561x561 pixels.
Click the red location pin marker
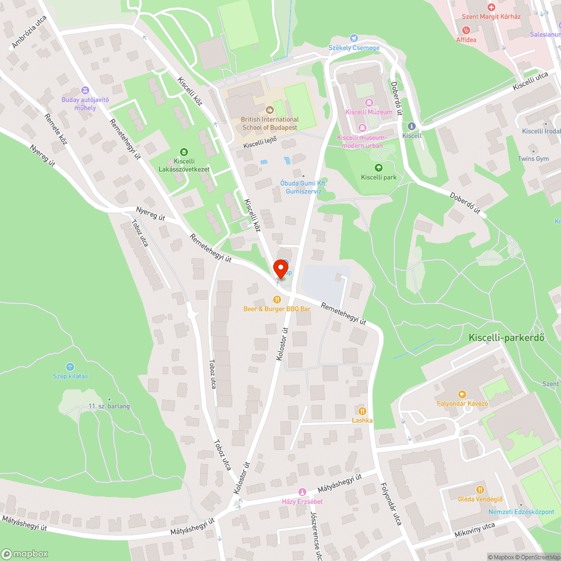click(280, 268)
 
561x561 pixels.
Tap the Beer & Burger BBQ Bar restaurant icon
click(277, 300)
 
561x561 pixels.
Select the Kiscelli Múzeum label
click(369, 112)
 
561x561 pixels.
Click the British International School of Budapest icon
click(270, 110)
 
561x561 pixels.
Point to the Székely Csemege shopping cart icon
click(353, 38)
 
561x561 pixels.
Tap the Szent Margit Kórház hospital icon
click(491, 7)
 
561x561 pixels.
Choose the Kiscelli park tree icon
click(379, 168)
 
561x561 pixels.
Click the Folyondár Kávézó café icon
click(463, 394)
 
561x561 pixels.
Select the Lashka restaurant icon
click(362, 411)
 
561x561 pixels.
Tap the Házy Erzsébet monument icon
click(302, 492)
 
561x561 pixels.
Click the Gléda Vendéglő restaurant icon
click(480, 490)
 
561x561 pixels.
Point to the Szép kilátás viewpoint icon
click(70, 366)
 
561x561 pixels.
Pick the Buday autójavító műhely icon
click(85, 90)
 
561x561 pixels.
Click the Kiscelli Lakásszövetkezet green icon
click(183, 151)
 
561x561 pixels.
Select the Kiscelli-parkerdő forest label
click(514, 338)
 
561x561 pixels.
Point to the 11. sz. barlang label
click(109, 406)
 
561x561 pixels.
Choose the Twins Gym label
click(534, 159)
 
